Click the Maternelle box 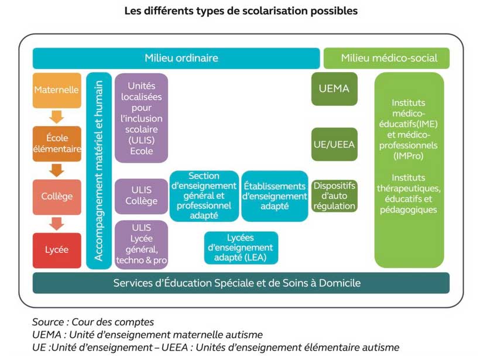click(x=57, y=90)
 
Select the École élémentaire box click(x=57, y=143)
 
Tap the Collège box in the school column click(x=57, y=197)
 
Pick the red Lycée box click(x=57, y=250)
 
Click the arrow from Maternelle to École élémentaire click(x=57, y=117)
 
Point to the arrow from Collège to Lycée click(x=57, y=224)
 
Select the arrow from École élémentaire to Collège click(x=57, y=170)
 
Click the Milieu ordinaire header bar click(x=176, y=58)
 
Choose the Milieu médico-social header click(x=386, y=58)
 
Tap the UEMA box click(x=334, y=89)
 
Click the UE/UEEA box click(x=334, y=144)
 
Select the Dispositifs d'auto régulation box click(x=334, y=196)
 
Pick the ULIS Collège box click(x=141, y=196)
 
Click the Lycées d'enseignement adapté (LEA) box click(x=241, y=248)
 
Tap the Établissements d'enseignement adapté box click(x=275, y=196)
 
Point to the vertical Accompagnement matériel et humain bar click(x=99, y=171)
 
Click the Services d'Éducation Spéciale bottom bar click(x=241, y=283)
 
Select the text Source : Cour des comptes click(x=93, y=322)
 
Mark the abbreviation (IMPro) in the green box click(x=409, y=156)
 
